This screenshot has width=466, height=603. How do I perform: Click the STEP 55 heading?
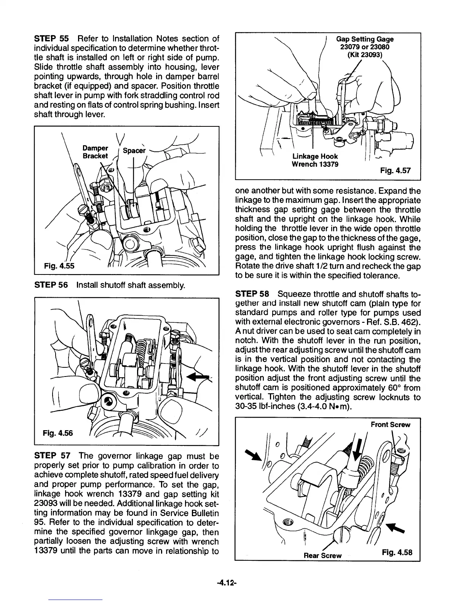coord(51,39)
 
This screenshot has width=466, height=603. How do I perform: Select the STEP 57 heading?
coord(51,456)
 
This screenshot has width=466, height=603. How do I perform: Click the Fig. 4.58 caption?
coord(397,552)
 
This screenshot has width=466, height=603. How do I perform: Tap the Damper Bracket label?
coord(95,152)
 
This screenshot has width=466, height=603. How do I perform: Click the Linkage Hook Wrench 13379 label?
coord(314,160)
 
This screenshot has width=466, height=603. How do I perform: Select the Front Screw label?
coord(391,424)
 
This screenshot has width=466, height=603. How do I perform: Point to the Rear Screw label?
coord(322,555)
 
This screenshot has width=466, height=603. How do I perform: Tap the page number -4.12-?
coord(233,582)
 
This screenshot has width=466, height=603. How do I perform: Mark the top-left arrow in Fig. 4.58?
coord(251,454)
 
